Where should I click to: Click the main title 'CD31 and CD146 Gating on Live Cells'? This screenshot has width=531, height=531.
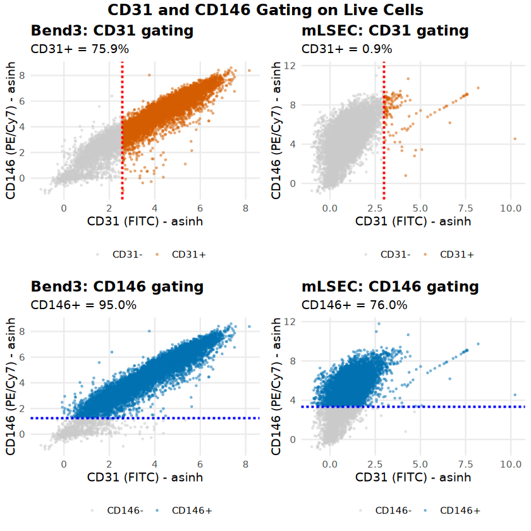coord(265,10)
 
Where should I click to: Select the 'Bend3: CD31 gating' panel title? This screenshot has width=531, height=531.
coord(112,30)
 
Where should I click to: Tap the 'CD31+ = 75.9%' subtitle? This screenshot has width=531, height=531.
coord(83,49)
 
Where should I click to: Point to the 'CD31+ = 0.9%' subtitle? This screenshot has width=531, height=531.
coord(347,49)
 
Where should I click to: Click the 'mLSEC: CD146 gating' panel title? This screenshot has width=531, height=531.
coord(390,286)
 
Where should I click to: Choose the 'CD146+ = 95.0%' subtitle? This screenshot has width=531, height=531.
coord(83,305)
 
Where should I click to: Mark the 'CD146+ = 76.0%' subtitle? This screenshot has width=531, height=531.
coord(355,305)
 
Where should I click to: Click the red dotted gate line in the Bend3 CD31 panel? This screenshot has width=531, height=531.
coord(122,126)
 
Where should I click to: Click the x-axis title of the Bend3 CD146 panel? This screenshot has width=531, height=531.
coord(145,477)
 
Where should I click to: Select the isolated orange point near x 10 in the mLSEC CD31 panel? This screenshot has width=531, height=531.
coord(515,138)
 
